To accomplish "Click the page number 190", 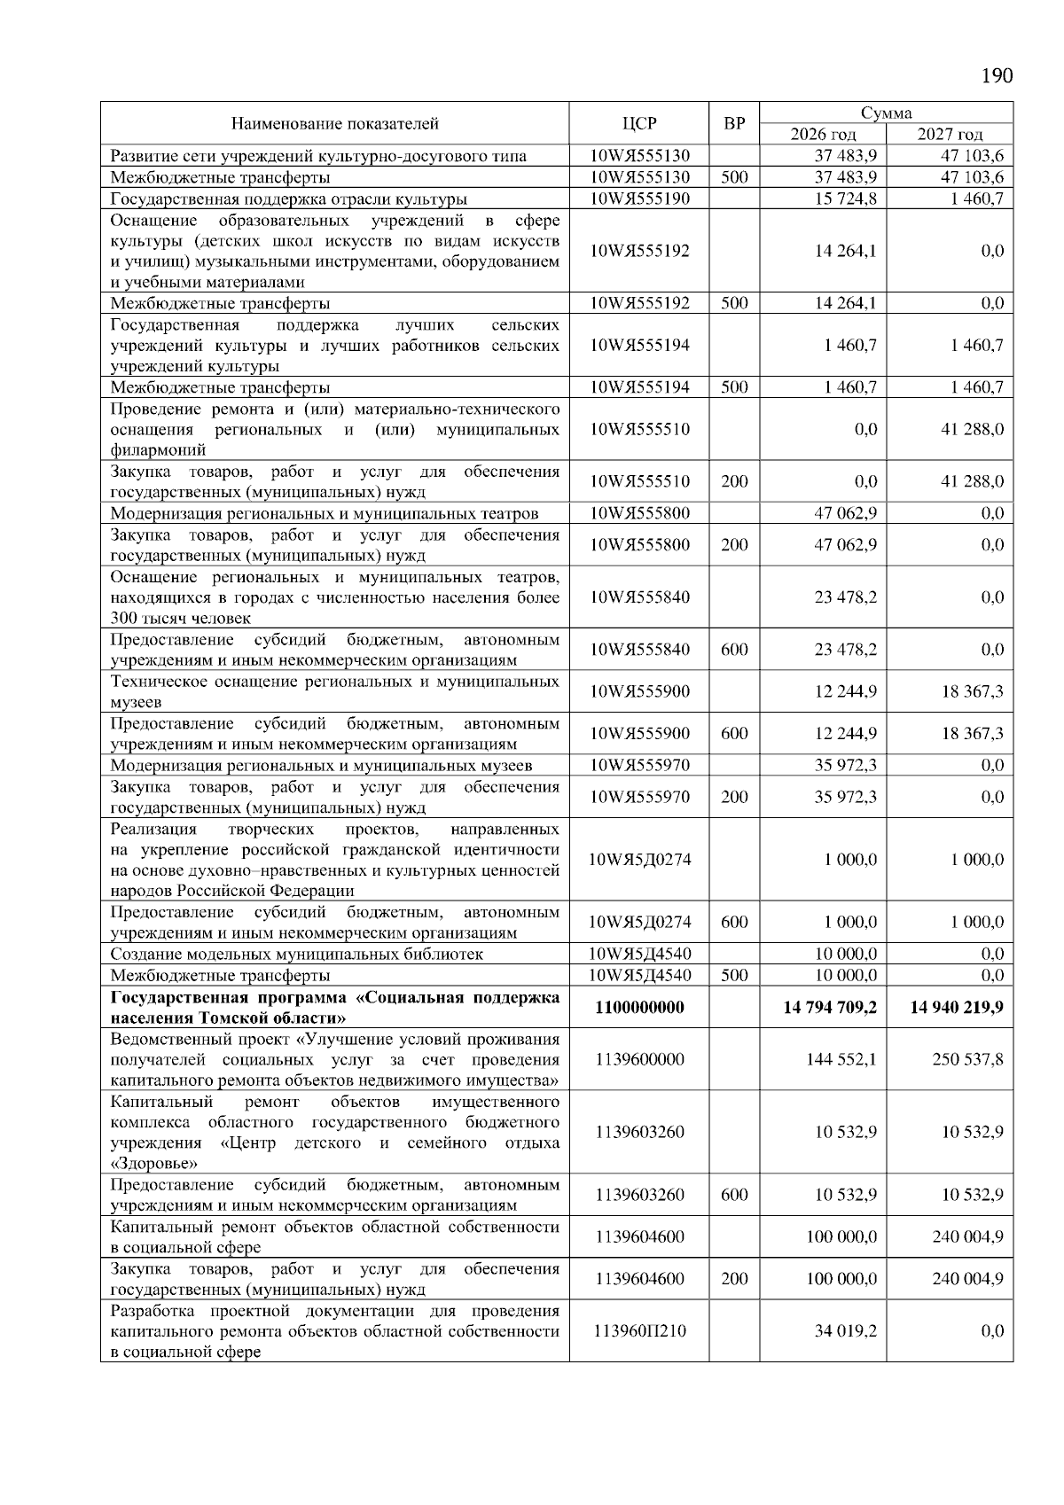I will (x=997, y=76).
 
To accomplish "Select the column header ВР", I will (x=734, y=124).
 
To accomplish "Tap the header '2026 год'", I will (x=823, y=135).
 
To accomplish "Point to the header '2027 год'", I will (x=950, y=135).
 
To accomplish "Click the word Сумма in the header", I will (x=886, y=113).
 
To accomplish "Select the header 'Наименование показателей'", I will (x=334, y=124).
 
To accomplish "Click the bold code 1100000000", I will (x=639, y=1008).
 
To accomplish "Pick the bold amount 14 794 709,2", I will (x=830, y=1008).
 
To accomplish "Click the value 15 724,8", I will (x=845, y=199).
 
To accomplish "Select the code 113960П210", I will (x=639, y=1331).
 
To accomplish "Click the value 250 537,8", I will (x=967, y=1059).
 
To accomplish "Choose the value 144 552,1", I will (x=841, y=1059).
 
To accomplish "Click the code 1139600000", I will (x=639, y=1059).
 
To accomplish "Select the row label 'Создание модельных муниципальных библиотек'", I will (x=297, y=955).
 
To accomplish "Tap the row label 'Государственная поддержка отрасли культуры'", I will (x=289, y=199).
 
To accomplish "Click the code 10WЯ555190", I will (x=639, y=199).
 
